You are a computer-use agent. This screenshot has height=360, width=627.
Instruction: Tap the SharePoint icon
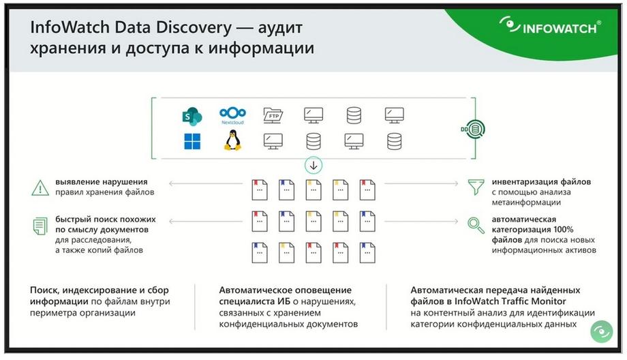click(x=192, y=117)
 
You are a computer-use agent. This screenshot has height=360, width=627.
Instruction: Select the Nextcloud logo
click(x=232, y=116)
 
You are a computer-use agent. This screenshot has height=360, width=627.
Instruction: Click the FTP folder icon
click(x=273, y=116)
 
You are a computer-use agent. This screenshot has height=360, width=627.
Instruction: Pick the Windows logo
click(x=192, y=142)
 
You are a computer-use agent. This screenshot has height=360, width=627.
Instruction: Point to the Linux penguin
click(x=232, y=140)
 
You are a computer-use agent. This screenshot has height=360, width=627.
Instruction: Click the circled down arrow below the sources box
click(x=313, y=165)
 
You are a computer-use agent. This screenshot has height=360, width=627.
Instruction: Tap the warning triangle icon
click(x=40, y=187)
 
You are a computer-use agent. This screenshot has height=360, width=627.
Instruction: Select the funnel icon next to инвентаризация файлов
click(x=476, y=187)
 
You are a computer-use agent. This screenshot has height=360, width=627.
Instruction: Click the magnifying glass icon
click(x=476, y=225)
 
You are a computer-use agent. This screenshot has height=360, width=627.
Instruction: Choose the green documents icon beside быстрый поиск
click(x=40, y=226)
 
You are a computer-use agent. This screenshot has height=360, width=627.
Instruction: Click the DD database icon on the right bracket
click(x=473, y=129)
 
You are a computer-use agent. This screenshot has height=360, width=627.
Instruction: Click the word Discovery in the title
click(x=194, y=27)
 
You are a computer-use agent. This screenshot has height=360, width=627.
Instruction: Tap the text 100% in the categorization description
click(x=563, y=230)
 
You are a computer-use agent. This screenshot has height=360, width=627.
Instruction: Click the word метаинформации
click(x=526, y=202)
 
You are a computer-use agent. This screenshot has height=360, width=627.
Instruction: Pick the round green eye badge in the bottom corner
click(x=601, y=331)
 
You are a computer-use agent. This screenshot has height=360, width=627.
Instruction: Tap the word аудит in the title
click(x=280, y=27)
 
